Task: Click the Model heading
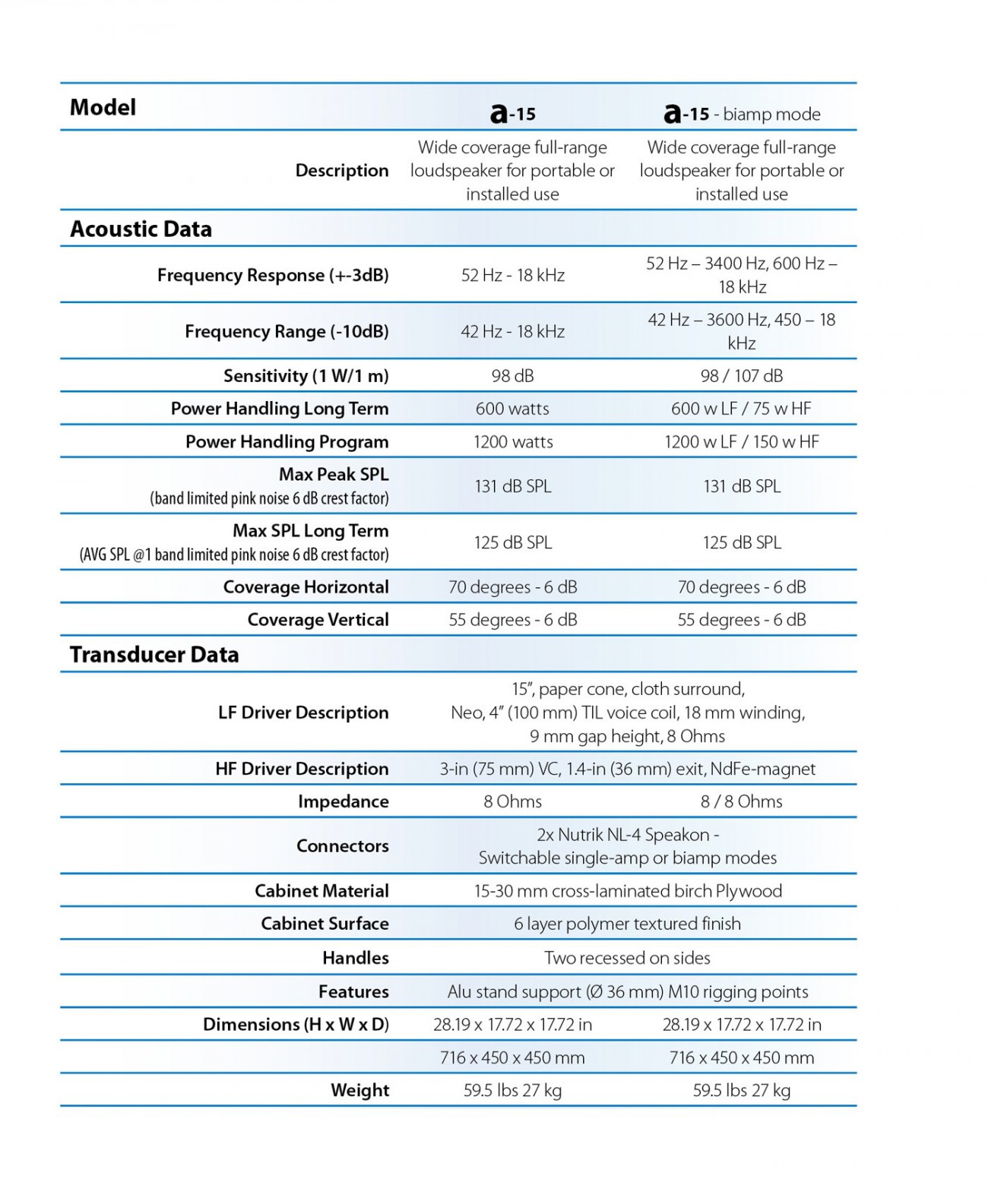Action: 103,107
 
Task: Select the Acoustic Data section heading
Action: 141,229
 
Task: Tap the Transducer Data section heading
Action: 154,654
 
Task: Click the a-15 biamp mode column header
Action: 742,114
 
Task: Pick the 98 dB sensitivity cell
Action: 512,375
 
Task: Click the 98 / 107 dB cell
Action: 741,375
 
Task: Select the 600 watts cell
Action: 512,409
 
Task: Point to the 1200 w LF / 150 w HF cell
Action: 741,441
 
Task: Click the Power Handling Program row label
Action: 287,441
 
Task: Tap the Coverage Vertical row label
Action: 318,620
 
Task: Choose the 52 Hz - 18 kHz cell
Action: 512,275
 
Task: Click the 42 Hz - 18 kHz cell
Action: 512,331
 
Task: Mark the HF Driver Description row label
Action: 302,769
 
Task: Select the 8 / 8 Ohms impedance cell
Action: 741,801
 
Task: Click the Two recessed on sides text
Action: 627,958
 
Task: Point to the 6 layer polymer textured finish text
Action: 627,924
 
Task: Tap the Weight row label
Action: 359,1090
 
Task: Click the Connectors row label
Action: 342,845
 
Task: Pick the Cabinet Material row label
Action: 321,891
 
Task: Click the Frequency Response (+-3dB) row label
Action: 273,275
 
